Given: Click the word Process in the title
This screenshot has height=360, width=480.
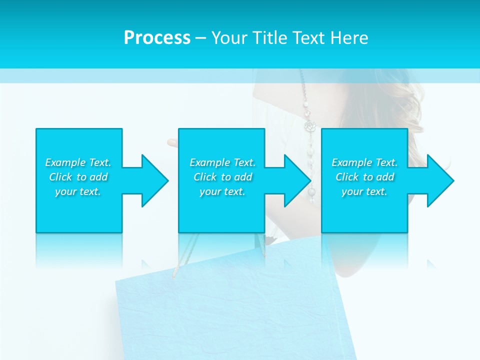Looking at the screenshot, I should (x=157, y=38).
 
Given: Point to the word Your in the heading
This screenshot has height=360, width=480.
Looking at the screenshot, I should (x=229, y=38).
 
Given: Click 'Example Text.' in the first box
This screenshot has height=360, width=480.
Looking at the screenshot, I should (x=78, y=162).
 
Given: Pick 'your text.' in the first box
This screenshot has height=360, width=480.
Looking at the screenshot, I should (x=78, y=191).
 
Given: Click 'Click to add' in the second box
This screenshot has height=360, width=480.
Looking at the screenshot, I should (x=222, y=177).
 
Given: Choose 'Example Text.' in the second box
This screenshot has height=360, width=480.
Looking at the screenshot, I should (x=222, y=162).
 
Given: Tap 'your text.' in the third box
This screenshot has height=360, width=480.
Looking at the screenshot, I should (x=364, y=191).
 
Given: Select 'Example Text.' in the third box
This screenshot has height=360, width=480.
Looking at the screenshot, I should (x=364, y=162).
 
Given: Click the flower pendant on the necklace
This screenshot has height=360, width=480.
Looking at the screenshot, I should (x=311, y=126).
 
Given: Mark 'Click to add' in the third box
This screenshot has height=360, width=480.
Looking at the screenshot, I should (x=364, y=177).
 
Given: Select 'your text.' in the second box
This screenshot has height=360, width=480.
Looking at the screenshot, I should (x=222, y=191).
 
